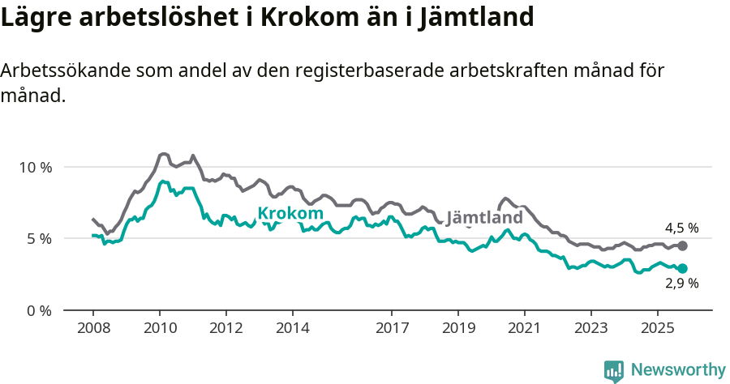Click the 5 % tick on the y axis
tap(37, 239)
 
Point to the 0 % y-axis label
tap(37, 310)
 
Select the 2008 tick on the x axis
tap(93, 330)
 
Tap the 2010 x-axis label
tap(160, 330)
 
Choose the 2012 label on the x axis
tap(226, 330)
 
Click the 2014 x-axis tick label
tap(293, 330)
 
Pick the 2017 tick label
tap(392, 330)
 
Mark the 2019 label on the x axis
tap(458, 330)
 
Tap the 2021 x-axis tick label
tap(525, 330)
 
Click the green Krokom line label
tap(285, 214)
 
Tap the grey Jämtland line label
tap(485, 219)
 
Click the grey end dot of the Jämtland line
tap(682, 245)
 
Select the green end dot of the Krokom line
tap(682, 268)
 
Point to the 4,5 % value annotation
tap(681, 228)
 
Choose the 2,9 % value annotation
tap(681, 284)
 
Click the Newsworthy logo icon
tap(614, 370)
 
